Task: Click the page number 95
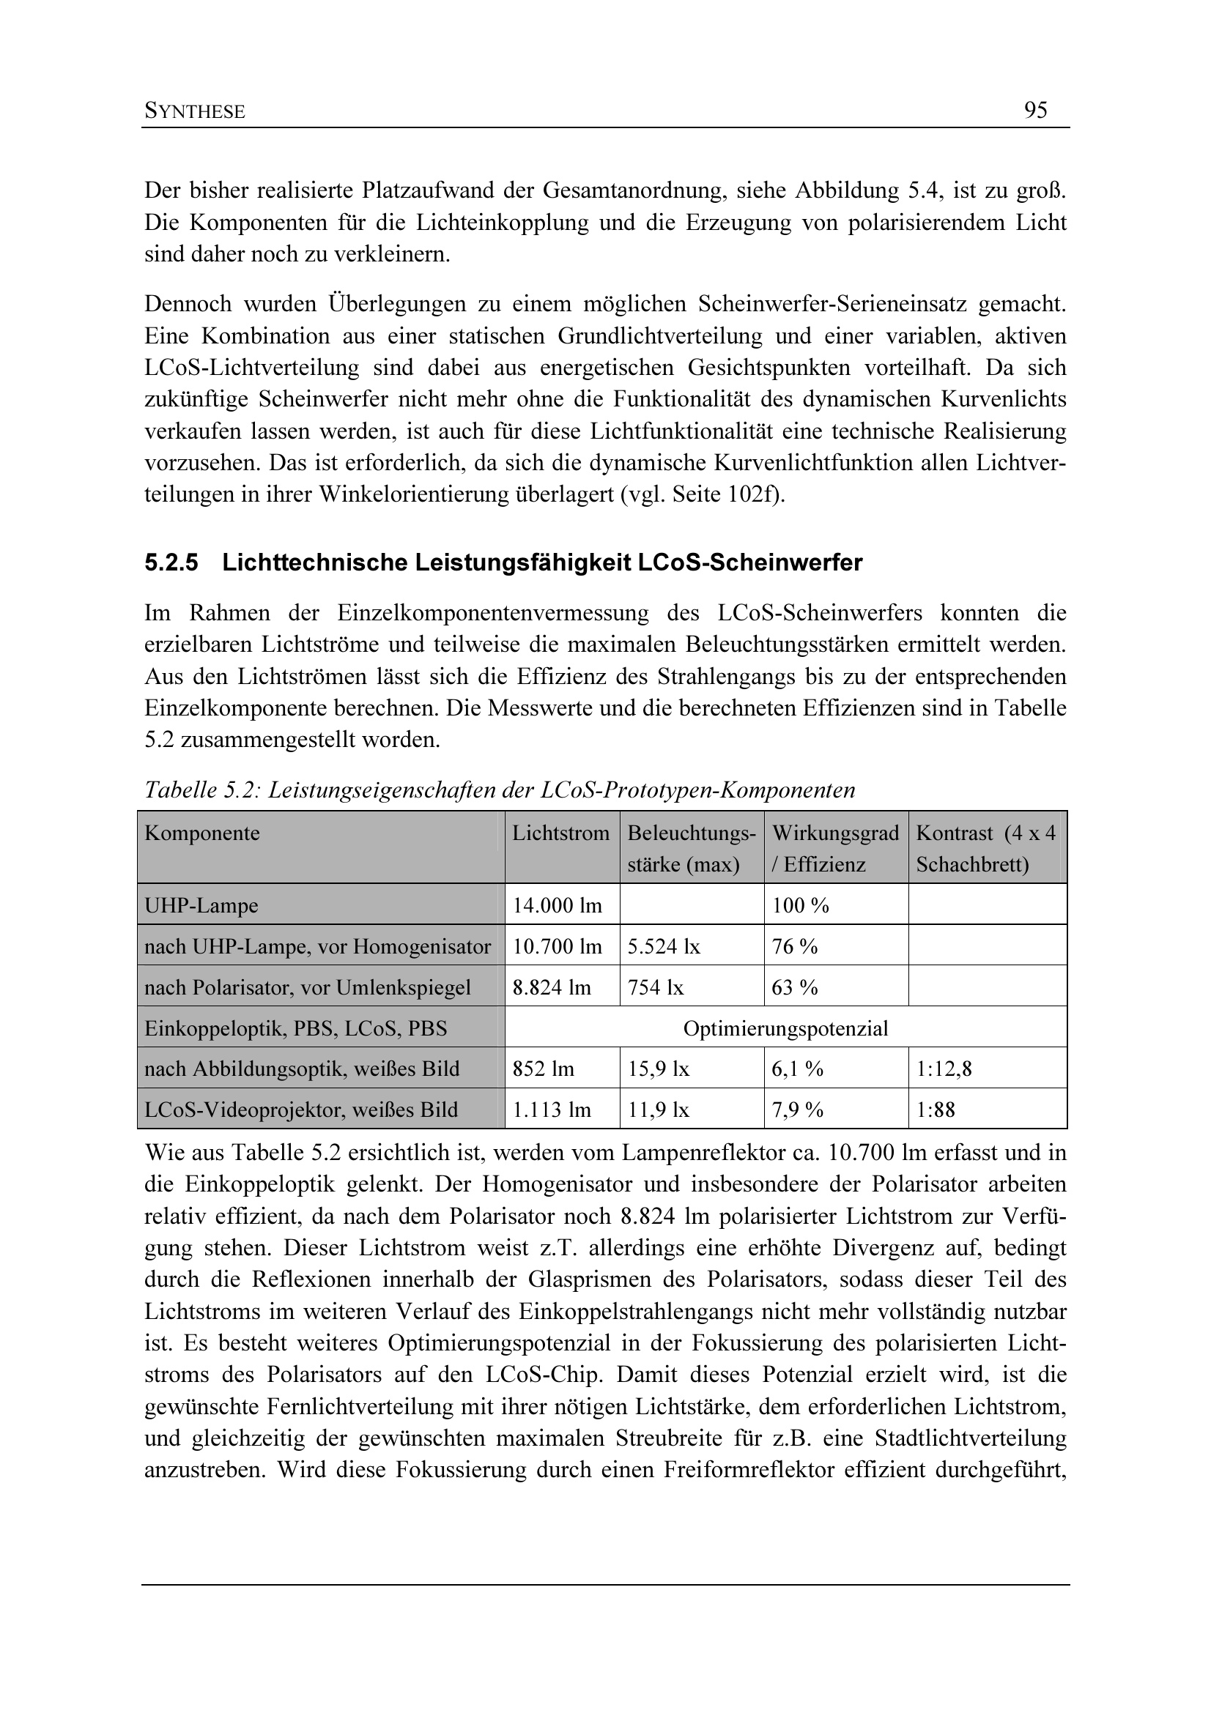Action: [x=1036, y=111]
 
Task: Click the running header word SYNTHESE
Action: [x=195, y=112]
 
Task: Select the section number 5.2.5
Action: [x=171, y=562]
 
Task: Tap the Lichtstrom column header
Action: [x=560, y=833]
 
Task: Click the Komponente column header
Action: [x=202, y=833]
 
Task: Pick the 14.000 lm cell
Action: [x=557, y=906]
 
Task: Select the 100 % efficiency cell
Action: [x=801, y=906]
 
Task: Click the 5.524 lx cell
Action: [x=663, y=947]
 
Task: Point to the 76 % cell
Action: [x=795, y=947]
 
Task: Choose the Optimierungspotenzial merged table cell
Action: [x=785, y=1029]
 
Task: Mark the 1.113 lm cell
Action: [x=552, y=1110]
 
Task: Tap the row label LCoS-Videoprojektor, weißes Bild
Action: [x=300, y=1110]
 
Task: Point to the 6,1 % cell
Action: [x=798, y=1069]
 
